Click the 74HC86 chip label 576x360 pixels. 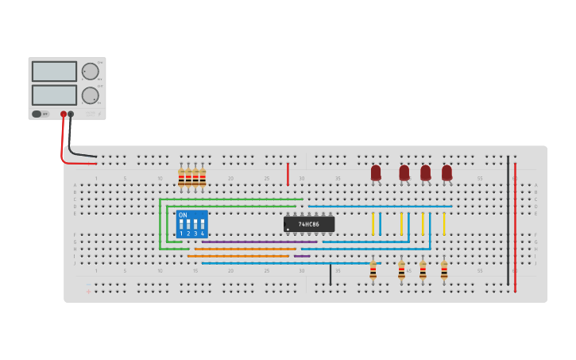point(309,224)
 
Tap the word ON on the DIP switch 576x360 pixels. point(183,215)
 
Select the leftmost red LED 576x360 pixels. point(376,172)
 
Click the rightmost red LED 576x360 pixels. point(446,172)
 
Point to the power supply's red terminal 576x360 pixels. point(64,114)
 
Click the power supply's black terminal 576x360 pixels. point(71,114)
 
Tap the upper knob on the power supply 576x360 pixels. point(90,72)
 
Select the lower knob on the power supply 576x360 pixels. point(90,95)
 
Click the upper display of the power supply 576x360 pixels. point(54,72)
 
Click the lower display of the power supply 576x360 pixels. point(54,95)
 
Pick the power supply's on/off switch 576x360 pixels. point(37,114)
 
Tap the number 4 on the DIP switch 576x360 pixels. point(202,234)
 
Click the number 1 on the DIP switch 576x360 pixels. point(181,234)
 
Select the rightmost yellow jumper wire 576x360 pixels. point(443,223)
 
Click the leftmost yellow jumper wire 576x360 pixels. point(372,223)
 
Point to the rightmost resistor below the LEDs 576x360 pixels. point(443,271)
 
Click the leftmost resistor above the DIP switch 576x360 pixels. point(181,179)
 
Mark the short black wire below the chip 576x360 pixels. point(331,274)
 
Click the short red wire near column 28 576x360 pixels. point(288,174)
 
